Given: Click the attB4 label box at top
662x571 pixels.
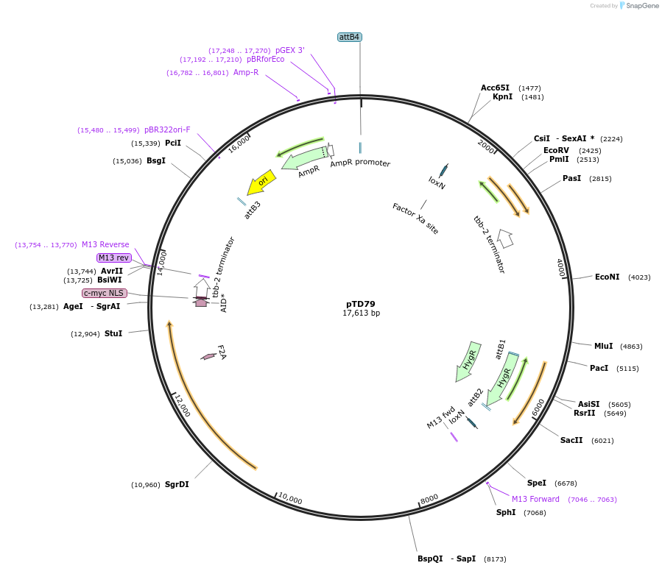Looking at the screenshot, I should coord(350,37).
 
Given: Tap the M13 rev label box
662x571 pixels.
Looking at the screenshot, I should coord(113,258).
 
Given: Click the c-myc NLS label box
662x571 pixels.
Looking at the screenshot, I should coord(104,293).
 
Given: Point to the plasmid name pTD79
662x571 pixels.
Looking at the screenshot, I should coord(361,303).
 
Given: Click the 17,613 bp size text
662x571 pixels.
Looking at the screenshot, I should coord(361,313).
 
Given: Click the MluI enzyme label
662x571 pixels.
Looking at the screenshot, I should coord(603,346).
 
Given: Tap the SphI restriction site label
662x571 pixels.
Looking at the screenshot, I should coord(506,512).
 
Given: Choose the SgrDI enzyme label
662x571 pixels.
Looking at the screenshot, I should coord(177,484).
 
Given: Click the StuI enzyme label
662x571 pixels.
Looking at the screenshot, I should coord(113,333).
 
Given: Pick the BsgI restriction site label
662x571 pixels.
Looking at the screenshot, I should coord(156,160).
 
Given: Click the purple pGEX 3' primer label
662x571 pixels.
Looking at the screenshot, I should coord(290,50).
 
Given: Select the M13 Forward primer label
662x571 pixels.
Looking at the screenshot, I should coord(535,499).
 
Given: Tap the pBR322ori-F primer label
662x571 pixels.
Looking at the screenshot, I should coord(167,130).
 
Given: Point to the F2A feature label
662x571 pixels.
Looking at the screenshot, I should coord(221,352).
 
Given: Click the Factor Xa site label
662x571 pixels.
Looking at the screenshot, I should coord(415,219).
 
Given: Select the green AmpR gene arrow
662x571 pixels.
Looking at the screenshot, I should coord(304,157).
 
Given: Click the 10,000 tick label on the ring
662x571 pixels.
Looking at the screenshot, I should coord(290,500).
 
